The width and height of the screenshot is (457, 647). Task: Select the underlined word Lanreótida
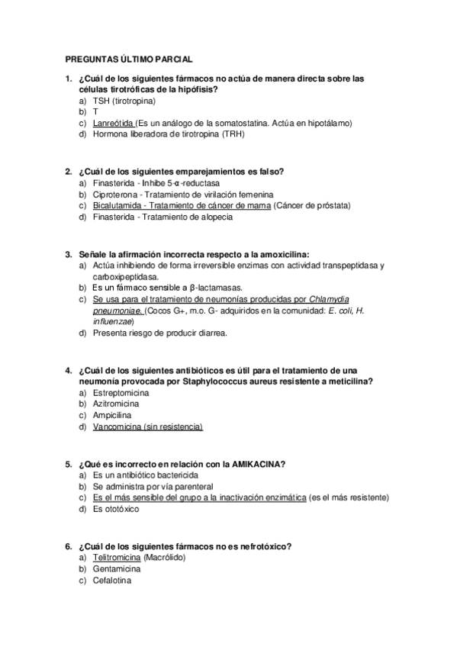coord(113,123)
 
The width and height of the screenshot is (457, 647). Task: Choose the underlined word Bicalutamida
coord(118,205)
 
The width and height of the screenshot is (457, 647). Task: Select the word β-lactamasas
coord(215,288)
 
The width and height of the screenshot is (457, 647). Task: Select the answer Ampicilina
coord(113,415)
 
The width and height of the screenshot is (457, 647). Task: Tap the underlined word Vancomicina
coord(117,427)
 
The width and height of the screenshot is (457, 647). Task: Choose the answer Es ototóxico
coord(116,509)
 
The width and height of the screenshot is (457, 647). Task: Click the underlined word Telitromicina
coord(117,558)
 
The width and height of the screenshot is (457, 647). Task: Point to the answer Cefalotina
coord(112,581)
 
